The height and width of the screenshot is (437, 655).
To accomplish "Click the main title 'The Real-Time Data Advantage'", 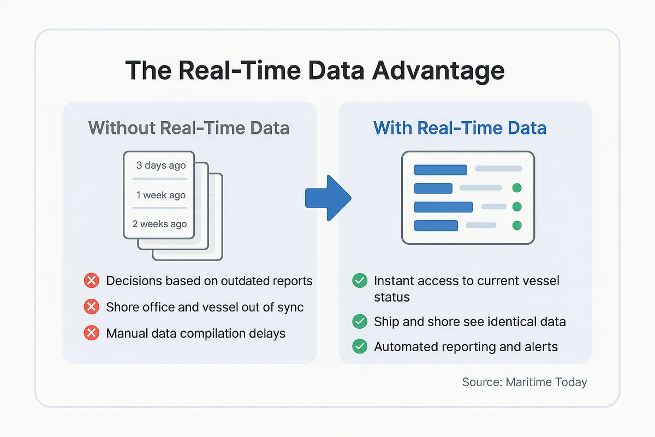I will pos(314,71).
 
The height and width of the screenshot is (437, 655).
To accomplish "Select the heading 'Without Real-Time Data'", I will pos(188,128).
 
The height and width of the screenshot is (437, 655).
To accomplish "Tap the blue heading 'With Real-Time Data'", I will pos(460,128).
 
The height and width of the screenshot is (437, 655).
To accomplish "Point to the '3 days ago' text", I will pos(161,165).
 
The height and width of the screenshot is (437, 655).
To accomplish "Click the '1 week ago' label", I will pos(161,195).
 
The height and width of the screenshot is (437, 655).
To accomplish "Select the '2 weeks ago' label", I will pos(159,224).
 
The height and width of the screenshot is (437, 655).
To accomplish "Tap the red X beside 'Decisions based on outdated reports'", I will pos(91,281).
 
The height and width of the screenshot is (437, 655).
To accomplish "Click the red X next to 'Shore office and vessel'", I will pos(91,307).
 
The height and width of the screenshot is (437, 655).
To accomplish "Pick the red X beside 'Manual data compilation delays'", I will pos(91,333).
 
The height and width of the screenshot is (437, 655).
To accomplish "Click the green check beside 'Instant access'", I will pos(359,281).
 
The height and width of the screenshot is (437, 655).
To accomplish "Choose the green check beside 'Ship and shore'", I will pos(359,321).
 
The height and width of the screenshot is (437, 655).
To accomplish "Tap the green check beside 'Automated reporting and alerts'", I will pos(359,346).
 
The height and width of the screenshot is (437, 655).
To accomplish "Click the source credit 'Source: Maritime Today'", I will pos(524,382).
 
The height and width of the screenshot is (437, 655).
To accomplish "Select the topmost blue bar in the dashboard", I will pos(440,170).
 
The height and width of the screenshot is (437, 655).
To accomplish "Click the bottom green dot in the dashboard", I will pos(517,225).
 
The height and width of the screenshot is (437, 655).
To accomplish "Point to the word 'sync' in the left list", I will pos(289,307).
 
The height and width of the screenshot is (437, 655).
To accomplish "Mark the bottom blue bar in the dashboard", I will pos(436,225).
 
